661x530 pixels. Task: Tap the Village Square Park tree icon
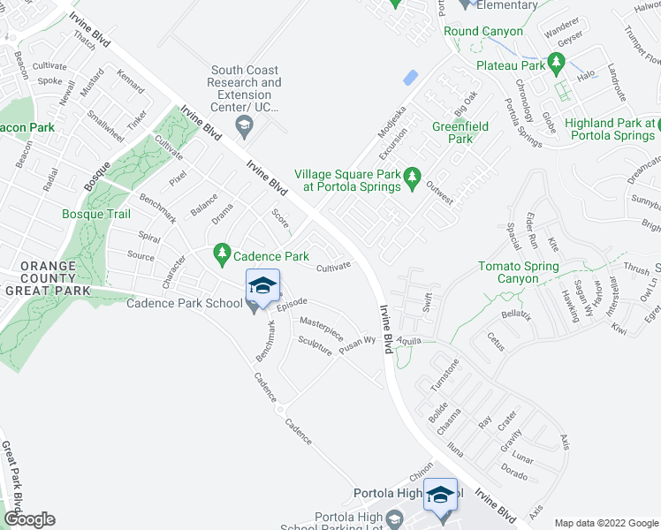click(x=412, y=180)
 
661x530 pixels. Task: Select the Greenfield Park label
click(x=460, y=132)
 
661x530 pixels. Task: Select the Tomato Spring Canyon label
click(x=519, y=272)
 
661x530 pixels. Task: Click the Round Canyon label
click(x=483, y=31)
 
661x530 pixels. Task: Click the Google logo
click(x=28, y=519)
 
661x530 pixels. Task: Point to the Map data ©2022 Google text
click(x=604, y=522)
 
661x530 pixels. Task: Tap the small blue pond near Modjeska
click(x=410, y=78)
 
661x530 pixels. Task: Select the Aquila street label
click(x=409, y=340)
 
